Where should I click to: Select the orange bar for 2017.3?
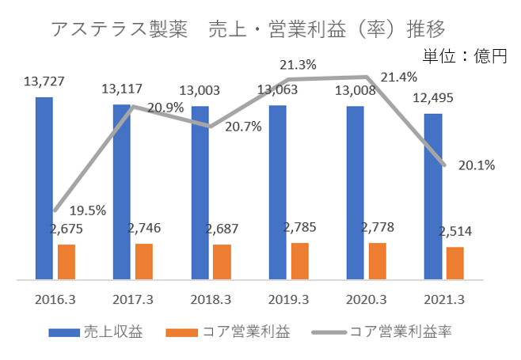(143, 261)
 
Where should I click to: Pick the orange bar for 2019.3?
(299, 260)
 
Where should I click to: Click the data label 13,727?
(44, 81)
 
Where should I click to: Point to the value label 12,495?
(433, 98)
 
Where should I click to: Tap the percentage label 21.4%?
(398, 77)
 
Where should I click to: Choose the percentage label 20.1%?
(477, 165)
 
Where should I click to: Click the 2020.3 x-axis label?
(367, 299)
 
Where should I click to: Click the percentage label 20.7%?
(243, 126)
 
